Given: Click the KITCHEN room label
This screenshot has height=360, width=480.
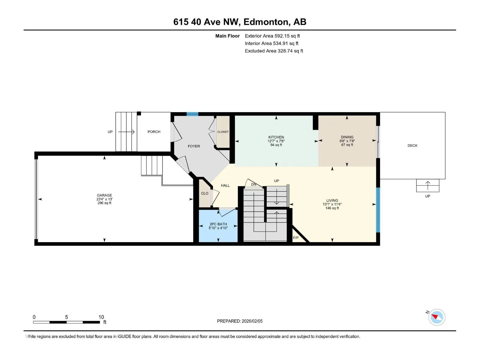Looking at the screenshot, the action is tap(276, 137).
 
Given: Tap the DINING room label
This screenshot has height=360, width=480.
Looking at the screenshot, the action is tap(347, 137).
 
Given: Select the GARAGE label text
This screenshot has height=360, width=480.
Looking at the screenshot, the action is tap(104, 195).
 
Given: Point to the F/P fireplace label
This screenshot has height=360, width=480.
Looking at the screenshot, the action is tap(296, 238).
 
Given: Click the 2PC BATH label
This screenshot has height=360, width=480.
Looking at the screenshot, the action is tap(218, 224).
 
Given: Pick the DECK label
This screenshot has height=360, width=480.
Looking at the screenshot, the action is tap(412, 145).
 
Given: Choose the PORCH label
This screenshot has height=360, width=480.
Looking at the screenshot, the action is tap(154, 132).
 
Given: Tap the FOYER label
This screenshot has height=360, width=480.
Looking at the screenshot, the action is tap(194, 146).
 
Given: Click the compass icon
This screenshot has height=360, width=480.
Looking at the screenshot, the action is tap(436, 317).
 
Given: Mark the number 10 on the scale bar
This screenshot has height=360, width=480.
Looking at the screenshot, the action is tap(101, 317).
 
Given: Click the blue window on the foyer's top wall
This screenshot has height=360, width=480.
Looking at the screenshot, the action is tap(192, 114).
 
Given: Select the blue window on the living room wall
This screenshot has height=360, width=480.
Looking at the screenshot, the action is tap(378, 210).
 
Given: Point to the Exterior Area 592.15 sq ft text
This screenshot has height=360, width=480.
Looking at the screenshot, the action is tap(272, 36).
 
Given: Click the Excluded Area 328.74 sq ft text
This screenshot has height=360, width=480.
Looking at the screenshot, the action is tap(274, 51).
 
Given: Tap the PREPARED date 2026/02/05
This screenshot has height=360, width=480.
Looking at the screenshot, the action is tap(252, 321).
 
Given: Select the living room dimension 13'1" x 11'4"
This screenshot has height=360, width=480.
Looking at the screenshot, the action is tap(332, 204).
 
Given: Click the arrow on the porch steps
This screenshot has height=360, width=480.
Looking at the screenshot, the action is tap(126, 132).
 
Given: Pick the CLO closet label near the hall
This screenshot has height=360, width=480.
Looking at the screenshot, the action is tap(205, 193).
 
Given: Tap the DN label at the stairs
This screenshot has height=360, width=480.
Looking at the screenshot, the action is tap(254, 184).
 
